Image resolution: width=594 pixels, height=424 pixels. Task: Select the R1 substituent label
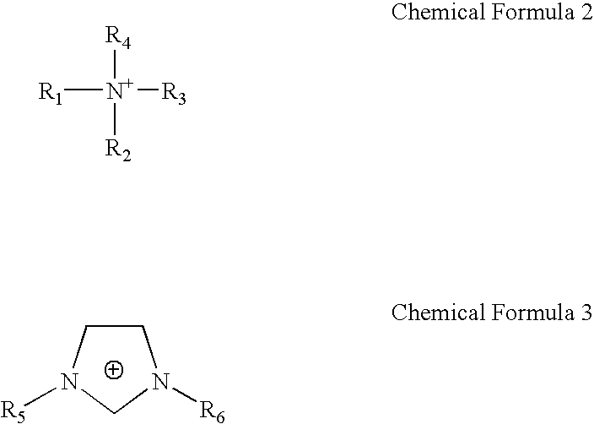pyautogui.click(x=51, y=92)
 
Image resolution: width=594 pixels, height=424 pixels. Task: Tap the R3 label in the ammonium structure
pyautogui.click(x=174, y=93)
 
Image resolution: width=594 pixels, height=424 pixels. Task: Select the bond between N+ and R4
pyautogui.click(x=115, y=64)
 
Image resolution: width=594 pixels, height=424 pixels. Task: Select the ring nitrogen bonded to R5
pyautogui.click(x=70, y=385)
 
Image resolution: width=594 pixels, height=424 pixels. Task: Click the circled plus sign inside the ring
pyautogui.click(x=114, y=370)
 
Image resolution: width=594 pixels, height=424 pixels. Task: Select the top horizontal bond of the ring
pyautogui.click(x=114, y=326)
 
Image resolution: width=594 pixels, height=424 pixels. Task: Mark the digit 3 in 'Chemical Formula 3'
pyautogui.click(x=586, y=313)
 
